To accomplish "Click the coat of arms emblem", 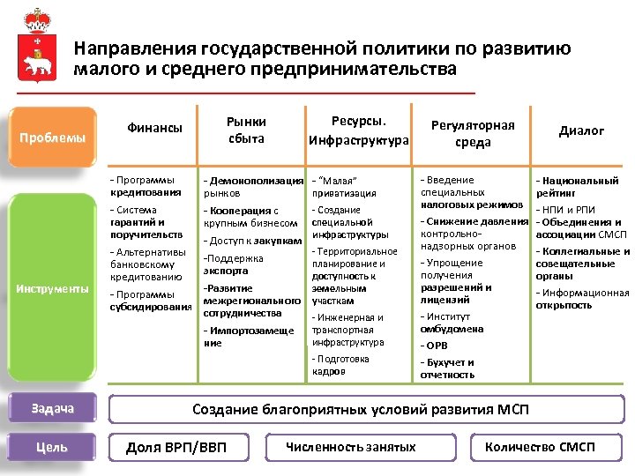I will click(x=37, y=49).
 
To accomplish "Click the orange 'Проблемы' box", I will click(x=53, y=138).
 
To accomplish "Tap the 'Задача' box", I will click(x=52, y=408).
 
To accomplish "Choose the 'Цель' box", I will click(x=52, y=447).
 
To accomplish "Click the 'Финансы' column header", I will click(x=154, y=129).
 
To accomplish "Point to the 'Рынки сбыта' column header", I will click(x=246, y=130).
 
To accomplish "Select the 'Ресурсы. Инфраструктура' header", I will click(x=359, y=130).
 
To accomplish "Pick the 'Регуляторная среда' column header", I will click(x=473, y=133).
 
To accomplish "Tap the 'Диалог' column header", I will click(x=581, y=130).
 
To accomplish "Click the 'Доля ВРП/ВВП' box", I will click(x=176, y=448).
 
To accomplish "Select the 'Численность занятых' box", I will click(x=351, y=447).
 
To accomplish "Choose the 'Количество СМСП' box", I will click(x=540, y=447).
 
